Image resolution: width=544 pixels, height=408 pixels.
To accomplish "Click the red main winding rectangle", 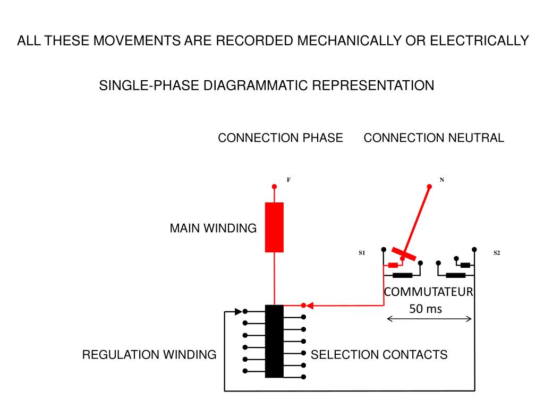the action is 274,227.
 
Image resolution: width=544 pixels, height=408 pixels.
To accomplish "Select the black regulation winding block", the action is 274,341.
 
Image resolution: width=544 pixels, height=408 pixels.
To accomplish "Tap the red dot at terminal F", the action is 275,186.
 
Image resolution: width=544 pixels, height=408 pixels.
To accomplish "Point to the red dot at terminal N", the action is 429,186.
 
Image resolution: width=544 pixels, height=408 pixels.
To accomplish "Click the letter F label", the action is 288,180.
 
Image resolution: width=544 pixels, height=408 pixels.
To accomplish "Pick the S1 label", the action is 362,253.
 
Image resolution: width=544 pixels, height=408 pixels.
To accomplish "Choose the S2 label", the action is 497,253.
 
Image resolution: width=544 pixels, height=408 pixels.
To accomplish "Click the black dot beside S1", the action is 384,250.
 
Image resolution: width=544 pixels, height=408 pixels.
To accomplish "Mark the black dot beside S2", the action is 474,250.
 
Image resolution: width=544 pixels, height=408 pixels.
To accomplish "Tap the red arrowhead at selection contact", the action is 310,305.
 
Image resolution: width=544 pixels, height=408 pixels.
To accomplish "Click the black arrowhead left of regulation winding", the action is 239,311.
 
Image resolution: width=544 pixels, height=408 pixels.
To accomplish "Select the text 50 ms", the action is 426,309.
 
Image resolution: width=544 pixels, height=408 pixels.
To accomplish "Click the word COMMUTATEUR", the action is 429,292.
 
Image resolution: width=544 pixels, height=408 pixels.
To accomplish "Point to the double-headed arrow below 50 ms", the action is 429,319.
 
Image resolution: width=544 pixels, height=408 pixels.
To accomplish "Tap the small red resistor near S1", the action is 393,266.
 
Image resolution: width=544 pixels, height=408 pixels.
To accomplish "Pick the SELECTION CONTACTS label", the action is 379,354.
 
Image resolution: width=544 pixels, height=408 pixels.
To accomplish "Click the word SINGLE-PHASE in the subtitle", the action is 149,86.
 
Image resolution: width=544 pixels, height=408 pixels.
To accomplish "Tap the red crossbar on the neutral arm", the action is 404,254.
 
